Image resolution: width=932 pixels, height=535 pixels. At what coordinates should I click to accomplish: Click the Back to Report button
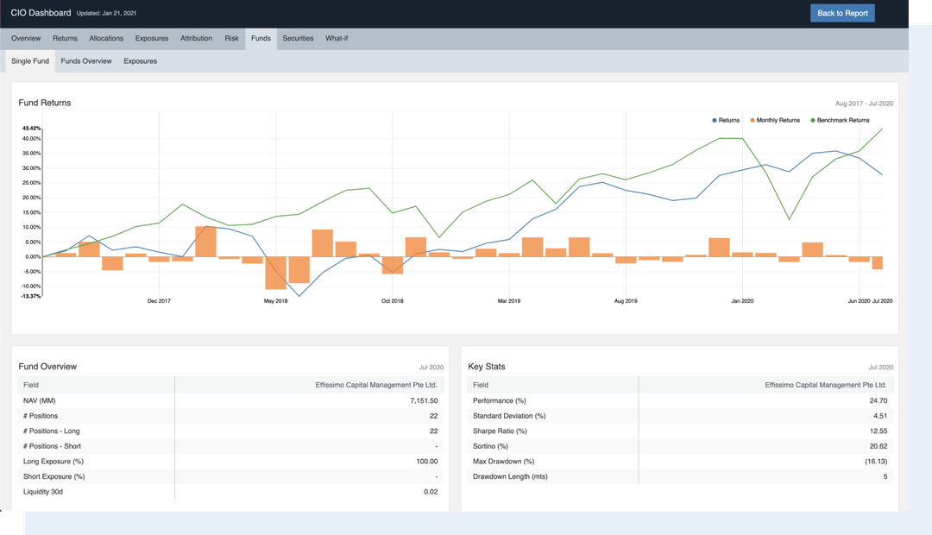point(842,13)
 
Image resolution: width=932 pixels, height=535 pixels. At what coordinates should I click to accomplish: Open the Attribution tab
point(196,39)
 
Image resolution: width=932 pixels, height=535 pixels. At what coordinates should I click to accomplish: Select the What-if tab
point(337,39)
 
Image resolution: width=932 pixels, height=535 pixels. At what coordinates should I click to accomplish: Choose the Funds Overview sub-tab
point(86,61)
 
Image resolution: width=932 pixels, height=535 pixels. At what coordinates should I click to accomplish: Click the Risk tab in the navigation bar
point(231,39)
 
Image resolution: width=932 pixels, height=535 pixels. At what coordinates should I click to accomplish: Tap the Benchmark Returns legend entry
point(841,120)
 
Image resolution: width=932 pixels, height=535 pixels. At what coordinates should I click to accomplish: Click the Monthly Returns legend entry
point(775,120)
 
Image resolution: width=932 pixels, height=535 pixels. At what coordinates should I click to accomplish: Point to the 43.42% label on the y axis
point(31,129)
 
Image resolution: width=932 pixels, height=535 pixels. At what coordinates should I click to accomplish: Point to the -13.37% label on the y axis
point(31,296)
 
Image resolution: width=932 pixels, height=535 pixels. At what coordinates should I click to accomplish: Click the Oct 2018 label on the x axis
point(392,301)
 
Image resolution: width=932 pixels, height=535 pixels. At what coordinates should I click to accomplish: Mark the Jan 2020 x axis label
point(742,301)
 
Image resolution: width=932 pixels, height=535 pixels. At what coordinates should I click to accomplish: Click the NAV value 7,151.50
point(422,401)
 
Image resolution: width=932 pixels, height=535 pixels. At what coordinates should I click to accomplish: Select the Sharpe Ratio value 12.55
point(879,431)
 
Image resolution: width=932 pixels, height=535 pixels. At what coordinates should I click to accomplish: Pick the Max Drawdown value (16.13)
point(875,462)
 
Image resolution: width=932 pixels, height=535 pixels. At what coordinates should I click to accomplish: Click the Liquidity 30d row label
point(44,492)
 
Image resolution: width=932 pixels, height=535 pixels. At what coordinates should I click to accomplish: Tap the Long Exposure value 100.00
point(426,462)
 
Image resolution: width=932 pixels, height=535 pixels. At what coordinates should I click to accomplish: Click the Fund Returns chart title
point(45,103)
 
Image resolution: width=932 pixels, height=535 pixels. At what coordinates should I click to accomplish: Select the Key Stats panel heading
point(487,367)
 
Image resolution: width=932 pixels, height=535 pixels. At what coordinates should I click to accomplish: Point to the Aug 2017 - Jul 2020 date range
point(864,104)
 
